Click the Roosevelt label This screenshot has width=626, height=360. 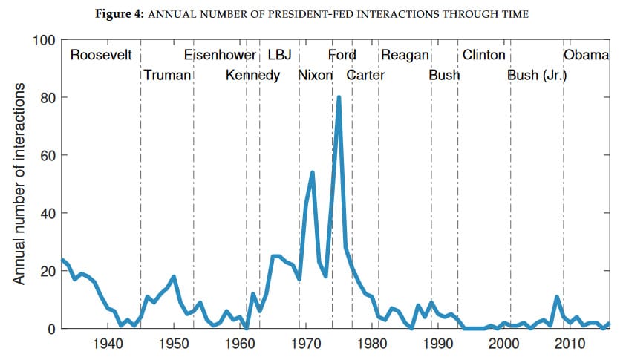pyautogui.click(x=101, y=56)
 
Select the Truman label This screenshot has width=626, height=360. pyautogui.click(x=167, y=75)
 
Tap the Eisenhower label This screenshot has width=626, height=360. pyautogui.click(x=220, y=56)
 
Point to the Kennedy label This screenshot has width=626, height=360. pyautogui.click(x=252, y=75)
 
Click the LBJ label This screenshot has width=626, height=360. pyautogui.click(x=279, y=56)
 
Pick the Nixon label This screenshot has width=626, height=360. pyautogui.click(x=315, y=75)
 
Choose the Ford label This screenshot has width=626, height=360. pyautogui.click(x=342, y=56)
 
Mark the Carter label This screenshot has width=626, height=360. pyautogui.click(x=365, y=75)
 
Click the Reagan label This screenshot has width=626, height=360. pyautogui.click(x=405, y=56)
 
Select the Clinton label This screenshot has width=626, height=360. pyautogui.click(x=483, y=56)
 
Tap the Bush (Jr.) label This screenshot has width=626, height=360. pyautogui.click(x=537, y=75)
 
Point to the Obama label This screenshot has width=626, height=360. pyautogui.click(x=587, y=56)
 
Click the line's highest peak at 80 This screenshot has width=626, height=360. pyautogui.click(x=339, y=97)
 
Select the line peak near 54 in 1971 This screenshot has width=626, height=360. pyautogui.click(x=313, y=172)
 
